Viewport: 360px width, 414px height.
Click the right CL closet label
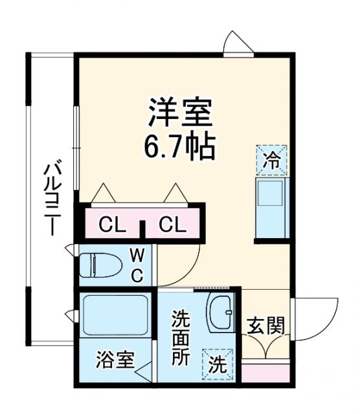pyautogui.click(x=173, y=225)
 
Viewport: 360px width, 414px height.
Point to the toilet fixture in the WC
pyautogui.click(x=100, y=265)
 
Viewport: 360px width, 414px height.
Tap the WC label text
pyautogui.click(x=138, y=264)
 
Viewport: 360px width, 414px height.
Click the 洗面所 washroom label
pyautogui.click(x=181, y=338)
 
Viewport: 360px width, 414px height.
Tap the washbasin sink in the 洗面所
pyautogui.click(x=221, y=314)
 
